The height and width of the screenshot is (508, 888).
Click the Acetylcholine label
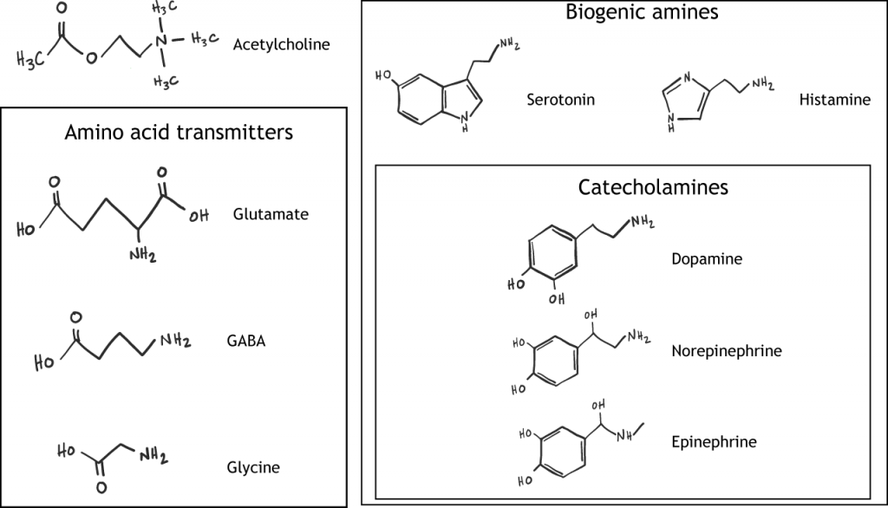point(281,44)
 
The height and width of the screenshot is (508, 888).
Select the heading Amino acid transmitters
point(179,132)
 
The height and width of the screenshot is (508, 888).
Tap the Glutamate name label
point(271,213)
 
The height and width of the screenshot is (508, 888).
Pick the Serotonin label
point(561,99)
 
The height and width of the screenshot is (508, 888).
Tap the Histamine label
point(834,100)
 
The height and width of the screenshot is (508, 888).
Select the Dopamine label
point(707,257)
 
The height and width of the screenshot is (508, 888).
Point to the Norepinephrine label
point(727,350)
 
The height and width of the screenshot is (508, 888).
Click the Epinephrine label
point(714,441)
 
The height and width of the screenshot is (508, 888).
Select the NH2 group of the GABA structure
point(175,341)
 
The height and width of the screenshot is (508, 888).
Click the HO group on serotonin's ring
point(383,75)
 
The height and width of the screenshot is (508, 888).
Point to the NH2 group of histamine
point(762,84)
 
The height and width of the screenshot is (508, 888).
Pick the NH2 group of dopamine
point(643,222)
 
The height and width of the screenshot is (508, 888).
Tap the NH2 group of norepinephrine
point(640,336)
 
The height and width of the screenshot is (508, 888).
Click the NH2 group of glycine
point(152,455)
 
